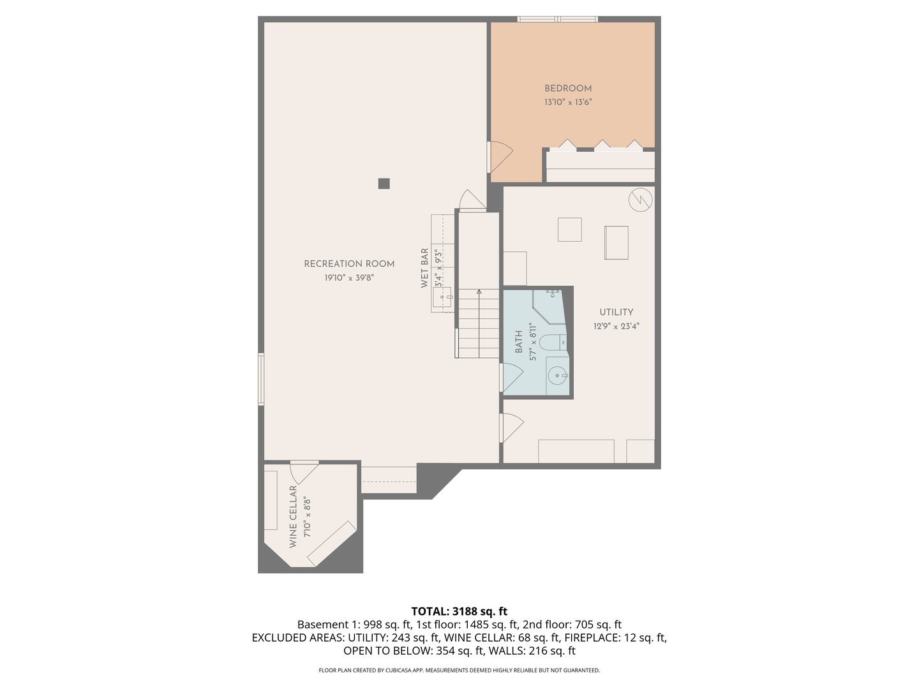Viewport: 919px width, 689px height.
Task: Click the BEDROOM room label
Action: (567, 89)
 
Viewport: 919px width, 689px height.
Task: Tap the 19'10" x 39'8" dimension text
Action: (349, 278)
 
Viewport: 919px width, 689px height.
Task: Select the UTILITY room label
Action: (616, 312)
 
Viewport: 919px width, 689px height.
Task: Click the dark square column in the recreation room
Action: (384, 184)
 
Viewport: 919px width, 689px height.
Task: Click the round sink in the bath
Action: (558, 376)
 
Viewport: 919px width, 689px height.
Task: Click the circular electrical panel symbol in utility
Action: (640, 200)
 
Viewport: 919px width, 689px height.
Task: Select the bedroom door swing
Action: (500, 156)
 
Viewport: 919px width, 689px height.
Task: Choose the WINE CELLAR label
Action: (294, 517)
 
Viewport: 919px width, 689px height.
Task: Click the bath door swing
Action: (512, 377)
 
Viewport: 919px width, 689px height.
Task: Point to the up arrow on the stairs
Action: (479, 293)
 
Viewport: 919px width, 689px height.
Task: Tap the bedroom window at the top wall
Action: (558, 20)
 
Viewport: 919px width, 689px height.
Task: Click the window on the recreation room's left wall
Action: (261, 379)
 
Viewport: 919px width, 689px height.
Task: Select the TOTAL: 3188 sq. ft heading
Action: (459, 611)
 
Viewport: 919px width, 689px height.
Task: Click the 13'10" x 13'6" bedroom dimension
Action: (567, 102)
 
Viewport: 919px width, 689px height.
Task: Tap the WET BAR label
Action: (424, 268)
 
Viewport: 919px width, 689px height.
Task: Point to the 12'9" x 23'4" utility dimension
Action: (616, 326)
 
